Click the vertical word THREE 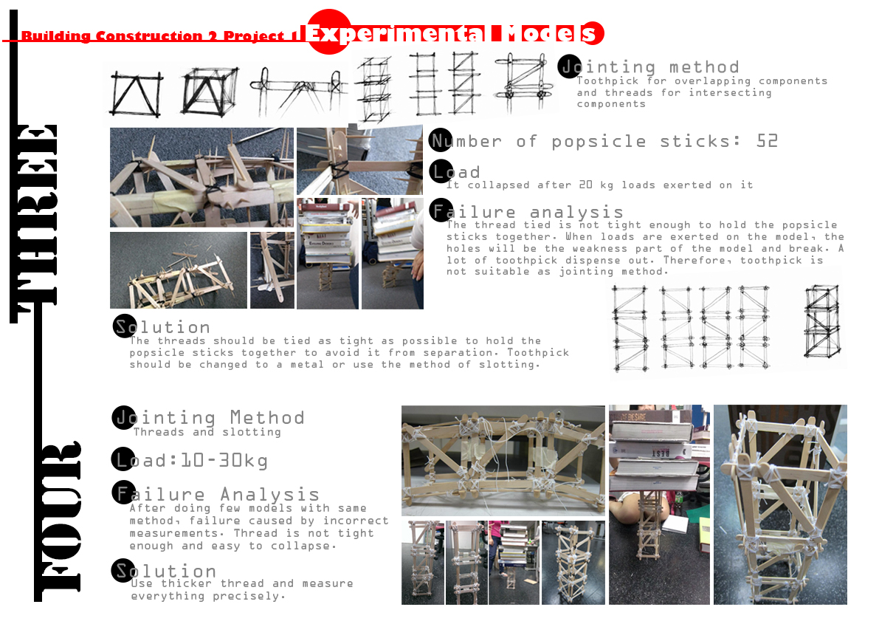[35, 214]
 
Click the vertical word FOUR [57, 517]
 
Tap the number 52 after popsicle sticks [767, 141]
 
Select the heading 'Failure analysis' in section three [528, 213]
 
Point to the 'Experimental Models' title [452, 33]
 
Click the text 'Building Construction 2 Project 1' [159, 36]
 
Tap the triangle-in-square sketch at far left [136, 94]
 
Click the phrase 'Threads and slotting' [207, 432]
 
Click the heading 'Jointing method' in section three [649, 67]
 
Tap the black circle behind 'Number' [440, 140]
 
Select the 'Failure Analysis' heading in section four [217, 494]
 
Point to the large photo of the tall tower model [780, 504]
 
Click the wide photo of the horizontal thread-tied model [503, 460]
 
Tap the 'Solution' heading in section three [162, 327]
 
